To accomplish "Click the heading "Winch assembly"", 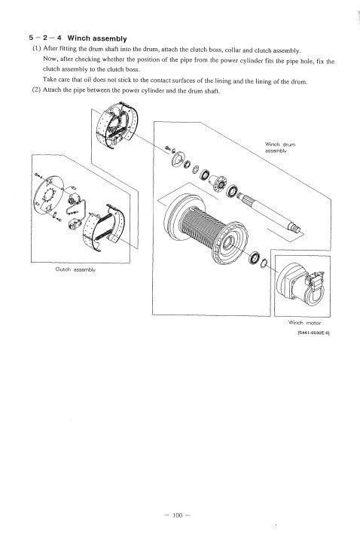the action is click(x=97, y=38).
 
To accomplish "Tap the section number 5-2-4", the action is click(x=45, y=38).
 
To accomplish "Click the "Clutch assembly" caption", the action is click(x=75, y=269).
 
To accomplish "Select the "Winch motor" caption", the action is click(x=305, y=323).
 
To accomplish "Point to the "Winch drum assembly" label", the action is click(x=280, y=147).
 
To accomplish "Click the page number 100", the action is click(x=177, y=515).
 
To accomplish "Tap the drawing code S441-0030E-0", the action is click(x=313, y=333).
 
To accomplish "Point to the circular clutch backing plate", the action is click(x=48, y=195).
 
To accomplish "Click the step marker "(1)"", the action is click(x=36, y=48).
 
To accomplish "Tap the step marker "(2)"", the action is click(x=36, y=90).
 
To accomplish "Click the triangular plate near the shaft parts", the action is click(x=178, y=159).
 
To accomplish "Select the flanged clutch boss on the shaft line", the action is click(x=218, y=183).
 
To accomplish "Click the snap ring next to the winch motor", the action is click(x=264, y=263).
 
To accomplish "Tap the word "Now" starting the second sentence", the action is click(x=49, y=59).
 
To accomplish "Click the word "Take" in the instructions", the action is click(x=49, y=80).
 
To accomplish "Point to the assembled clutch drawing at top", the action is click(x=117, y=125).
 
